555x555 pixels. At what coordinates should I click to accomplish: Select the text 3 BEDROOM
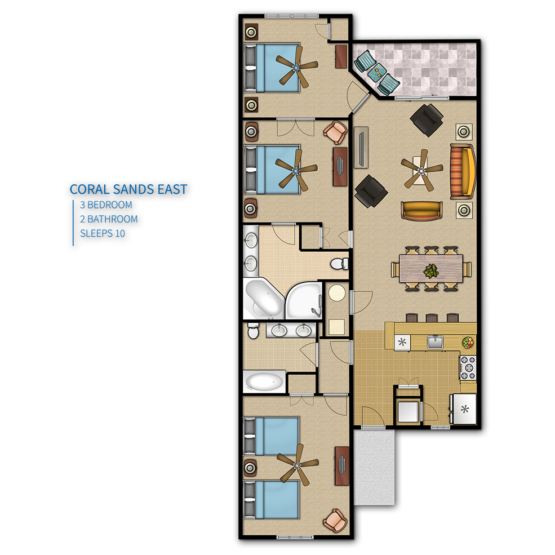point(106,205)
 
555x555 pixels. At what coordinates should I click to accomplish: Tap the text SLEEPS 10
point(103,234)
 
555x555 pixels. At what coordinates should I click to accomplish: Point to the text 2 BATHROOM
point(109,219)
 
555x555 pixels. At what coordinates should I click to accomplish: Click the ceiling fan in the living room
point(421,170)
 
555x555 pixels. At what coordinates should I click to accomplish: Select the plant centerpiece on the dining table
point(431,271)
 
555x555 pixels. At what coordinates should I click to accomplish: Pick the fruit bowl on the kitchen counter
point(468,342)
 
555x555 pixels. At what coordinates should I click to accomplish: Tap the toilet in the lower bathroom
point(253,330)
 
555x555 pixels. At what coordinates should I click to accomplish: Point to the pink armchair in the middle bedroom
point(335,132)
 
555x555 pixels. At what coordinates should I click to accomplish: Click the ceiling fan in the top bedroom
point(296,66)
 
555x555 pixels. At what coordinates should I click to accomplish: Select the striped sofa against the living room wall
point(462,172)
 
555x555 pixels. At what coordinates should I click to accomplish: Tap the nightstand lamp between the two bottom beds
point(251,468)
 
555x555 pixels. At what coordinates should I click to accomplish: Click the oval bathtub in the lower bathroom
point(264,382)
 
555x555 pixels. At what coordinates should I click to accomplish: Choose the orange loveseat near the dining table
point(421,211)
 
